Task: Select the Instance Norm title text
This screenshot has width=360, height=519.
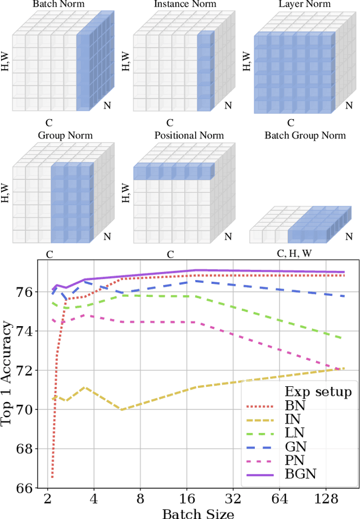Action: click(x=178, y=4)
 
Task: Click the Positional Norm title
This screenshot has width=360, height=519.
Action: click(x=189, y=136)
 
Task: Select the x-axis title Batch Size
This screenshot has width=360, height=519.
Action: click(x=198, y=513)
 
